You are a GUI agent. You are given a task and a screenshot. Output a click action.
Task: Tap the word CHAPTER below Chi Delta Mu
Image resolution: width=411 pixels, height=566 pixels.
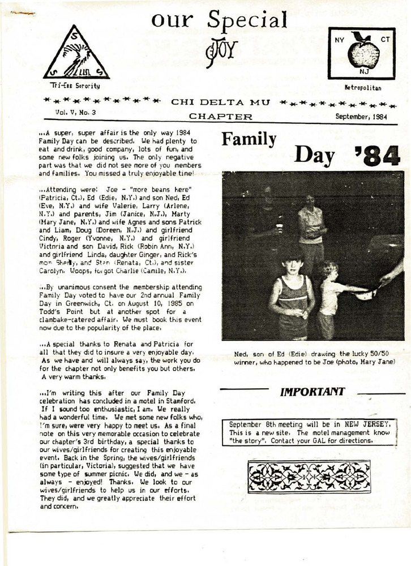coord(220,117)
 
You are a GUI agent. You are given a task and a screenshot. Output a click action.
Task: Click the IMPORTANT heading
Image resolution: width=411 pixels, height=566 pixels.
coord(312,392)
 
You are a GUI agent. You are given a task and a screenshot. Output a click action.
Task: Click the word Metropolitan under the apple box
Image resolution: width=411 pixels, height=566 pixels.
coord(362,88)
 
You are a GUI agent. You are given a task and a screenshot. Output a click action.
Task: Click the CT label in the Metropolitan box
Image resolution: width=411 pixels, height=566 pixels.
coord(386,40)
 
